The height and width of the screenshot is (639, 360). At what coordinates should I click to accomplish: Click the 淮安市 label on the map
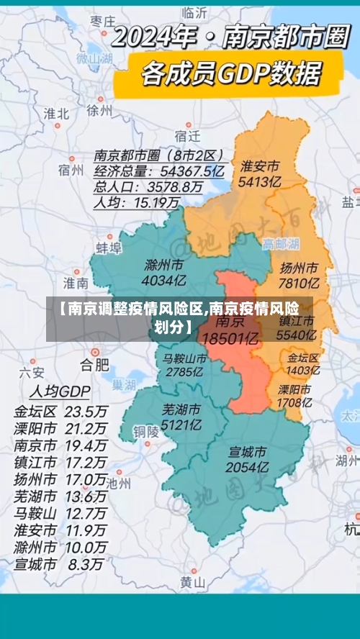260,166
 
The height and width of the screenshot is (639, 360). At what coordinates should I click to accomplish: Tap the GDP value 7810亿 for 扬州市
300,283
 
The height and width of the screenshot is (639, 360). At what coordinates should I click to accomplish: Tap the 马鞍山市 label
184,358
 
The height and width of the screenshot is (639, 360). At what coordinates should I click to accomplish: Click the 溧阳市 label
294,389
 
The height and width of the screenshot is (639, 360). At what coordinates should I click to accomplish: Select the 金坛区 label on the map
303,357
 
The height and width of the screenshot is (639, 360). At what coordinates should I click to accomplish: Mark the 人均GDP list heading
59,392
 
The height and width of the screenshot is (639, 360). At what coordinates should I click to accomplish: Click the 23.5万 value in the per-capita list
86,412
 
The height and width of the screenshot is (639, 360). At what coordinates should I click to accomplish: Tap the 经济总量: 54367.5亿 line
159,171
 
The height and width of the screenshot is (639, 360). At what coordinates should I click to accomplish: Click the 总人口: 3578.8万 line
148,187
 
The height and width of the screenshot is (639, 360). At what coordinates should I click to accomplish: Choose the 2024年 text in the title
158,37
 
